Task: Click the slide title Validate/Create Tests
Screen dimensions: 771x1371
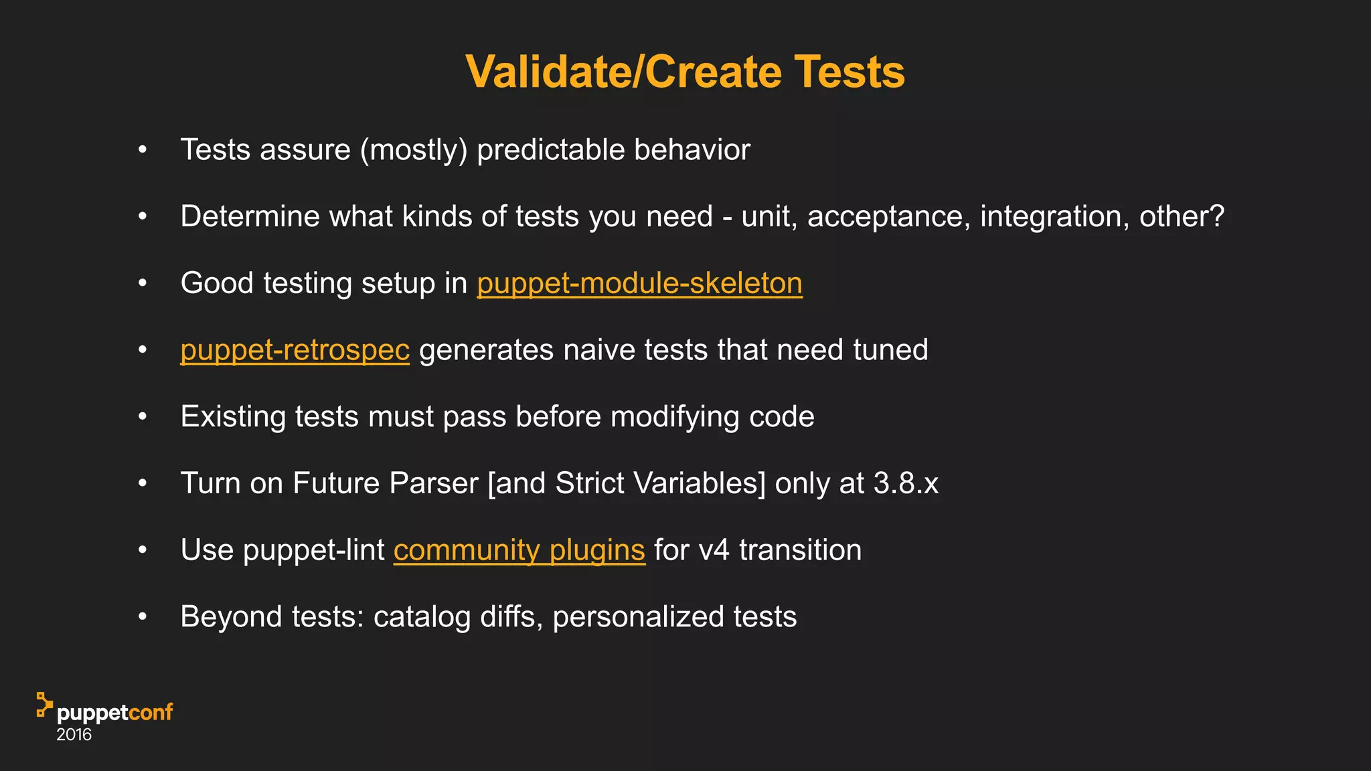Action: [685, 72]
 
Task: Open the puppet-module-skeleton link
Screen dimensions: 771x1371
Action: [639, 283]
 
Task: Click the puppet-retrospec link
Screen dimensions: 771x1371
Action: [295, 350]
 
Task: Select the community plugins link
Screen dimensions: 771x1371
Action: [519, 550]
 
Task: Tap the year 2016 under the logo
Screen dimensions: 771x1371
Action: [74, 735]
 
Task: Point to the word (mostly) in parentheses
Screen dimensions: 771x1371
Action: [414, 150]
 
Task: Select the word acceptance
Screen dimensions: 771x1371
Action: [889, 217]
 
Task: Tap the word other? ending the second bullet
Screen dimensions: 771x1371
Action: [1182, 217]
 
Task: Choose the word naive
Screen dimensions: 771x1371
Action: [599, 350]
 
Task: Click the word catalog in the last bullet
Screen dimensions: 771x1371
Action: [422, 617]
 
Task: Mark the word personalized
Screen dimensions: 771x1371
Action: [638, 617]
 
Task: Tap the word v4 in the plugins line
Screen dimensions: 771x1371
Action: [714, 550]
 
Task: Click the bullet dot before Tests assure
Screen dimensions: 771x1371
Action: [142, 150]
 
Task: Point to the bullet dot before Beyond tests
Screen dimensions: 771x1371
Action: [142, 616]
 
